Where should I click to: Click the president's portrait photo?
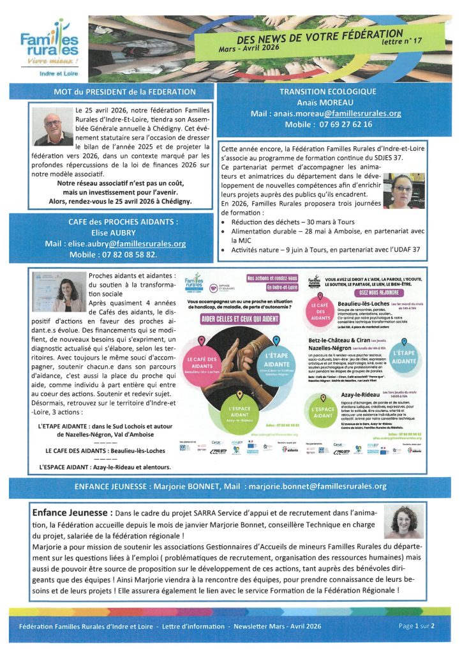click(53, 126)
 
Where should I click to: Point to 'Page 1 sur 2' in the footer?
click(416, 626)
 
